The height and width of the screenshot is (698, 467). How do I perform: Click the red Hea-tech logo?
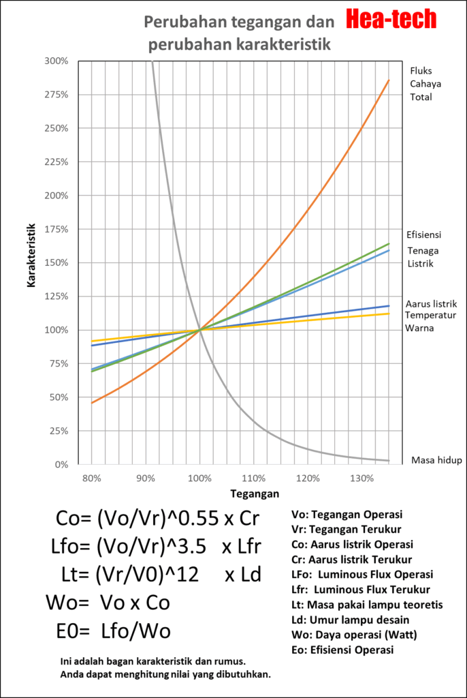coord(391,20)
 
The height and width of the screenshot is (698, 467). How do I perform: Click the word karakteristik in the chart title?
coord(285,46)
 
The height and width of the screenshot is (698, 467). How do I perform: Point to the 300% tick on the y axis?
coord(57,61)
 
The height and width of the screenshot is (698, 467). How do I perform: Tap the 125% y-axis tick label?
coord(57,297)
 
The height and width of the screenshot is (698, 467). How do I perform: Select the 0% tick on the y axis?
coord(61,465)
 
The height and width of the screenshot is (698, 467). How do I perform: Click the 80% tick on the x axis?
coord(91,479)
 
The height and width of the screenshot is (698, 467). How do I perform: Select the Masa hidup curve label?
coord(436,461)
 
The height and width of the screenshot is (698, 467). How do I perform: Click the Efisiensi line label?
coord(424,234)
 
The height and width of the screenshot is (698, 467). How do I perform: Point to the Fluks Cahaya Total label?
coord(421,84)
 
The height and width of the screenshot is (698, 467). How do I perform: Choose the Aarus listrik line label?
coord(431,304)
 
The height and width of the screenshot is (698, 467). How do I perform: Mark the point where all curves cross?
coord(199,330)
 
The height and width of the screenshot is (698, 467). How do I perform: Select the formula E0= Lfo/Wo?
coord(112,631)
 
